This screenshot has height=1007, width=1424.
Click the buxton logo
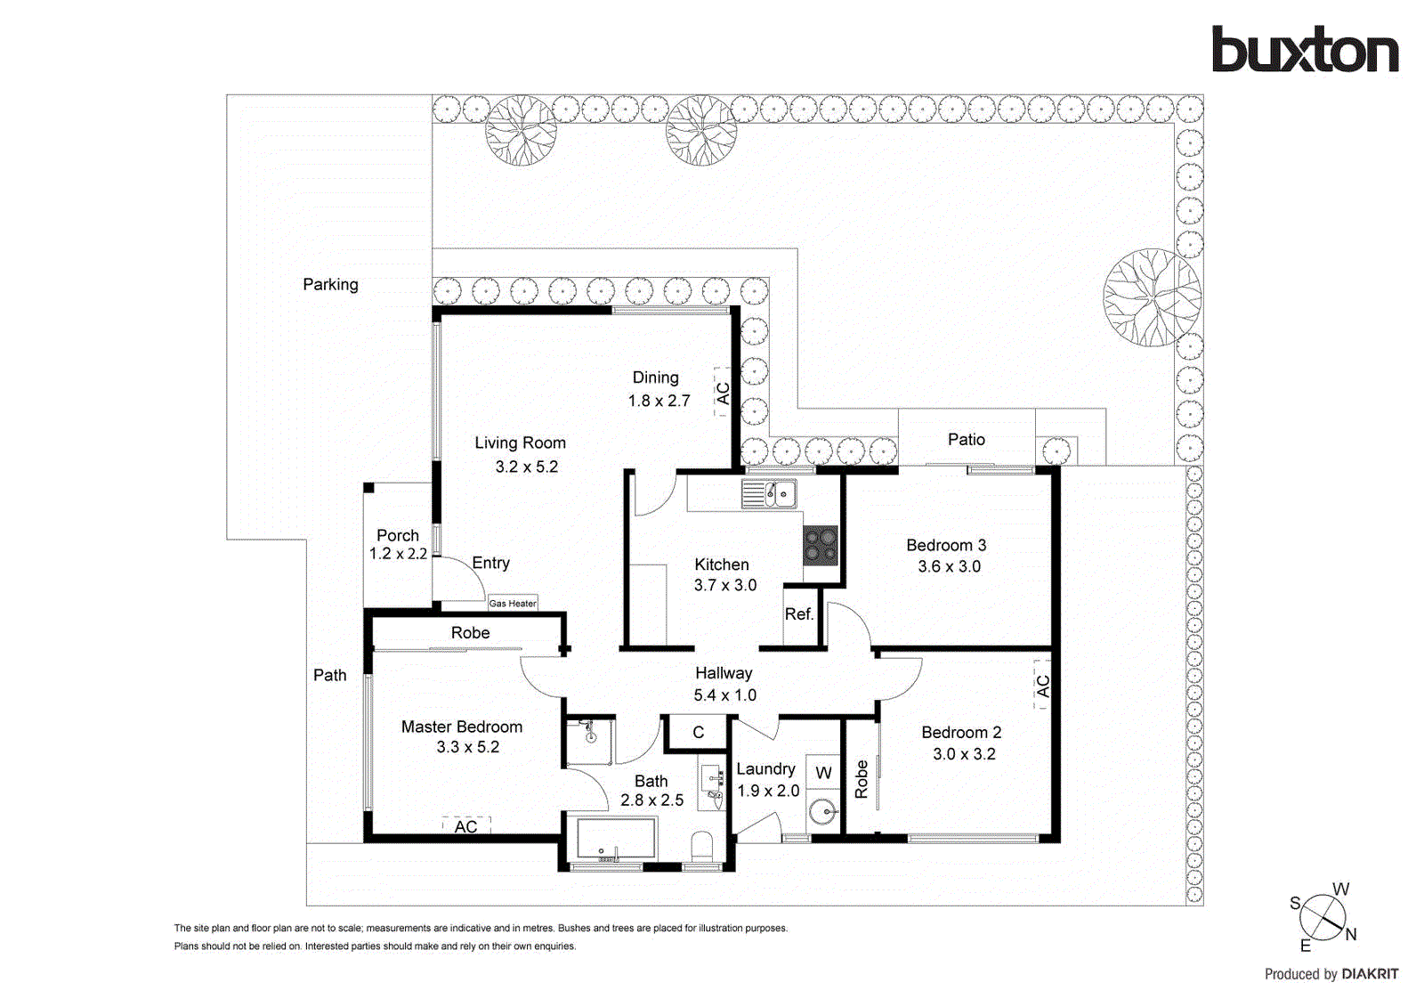[1305, 50]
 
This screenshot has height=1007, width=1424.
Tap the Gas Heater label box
[513, 603]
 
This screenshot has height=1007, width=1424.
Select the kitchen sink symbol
[769, 493]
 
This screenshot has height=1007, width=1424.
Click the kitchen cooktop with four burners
[821, 545]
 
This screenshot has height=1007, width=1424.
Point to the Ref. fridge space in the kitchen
[799, 614]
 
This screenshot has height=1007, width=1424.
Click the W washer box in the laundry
[823, 772]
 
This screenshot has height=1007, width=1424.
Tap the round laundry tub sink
[822, 812]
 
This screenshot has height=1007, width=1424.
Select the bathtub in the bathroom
[616, 839]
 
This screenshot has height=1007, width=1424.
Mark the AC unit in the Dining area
[723, 393]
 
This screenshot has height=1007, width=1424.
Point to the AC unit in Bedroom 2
[1042, 686]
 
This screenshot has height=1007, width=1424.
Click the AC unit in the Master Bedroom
[466, 826]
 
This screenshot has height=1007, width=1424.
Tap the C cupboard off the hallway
[698, 732]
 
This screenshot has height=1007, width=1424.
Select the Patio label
[966, 439]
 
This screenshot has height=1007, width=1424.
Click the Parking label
[330, 284]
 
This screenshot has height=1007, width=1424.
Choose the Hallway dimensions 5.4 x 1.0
[724, 695]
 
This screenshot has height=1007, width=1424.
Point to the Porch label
[397, 535]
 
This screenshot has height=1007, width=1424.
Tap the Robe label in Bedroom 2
[861, 778]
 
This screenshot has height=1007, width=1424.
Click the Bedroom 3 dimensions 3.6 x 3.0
[949, 566]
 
